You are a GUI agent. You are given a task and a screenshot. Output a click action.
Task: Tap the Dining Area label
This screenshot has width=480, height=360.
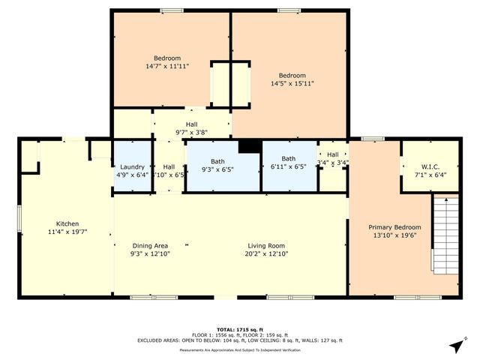[150, 245]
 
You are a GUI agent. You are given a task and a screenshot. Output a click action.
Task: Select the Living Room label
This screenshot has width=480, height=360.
[266, 245]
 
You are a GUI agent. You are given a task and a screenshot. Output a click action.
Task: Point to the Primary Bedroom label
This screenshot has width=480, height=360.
[394, 227]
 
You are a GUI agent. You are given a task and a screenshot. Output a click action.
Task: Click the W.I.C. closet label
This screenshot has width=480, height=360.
[424, 166]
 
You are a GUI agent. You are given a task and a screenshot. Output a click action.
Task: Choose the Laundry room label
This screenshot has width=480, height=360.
[132, 166]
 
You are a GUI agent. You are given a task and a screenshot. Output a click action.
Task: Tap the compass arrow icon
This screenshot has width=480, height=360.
[455, 346]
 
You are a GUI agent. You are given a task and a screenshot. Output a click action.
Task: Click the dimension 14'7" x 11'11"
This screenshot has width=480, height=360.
[167, 67]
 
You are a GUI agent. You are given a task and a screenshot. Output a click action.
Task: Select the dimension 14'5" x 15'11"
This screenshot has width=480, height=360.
[292, 84]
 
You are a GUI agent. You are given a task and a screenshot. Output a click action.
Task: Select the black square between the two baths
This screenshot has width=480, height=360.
[248, 146]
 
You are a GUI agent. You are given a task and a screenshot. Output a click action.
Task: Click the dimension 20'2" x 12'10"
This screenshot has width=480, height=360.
[266, 253]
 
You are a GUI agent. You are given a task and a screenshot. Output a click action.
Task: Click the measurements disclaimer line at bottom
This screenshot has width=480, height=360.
[240, 350]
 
